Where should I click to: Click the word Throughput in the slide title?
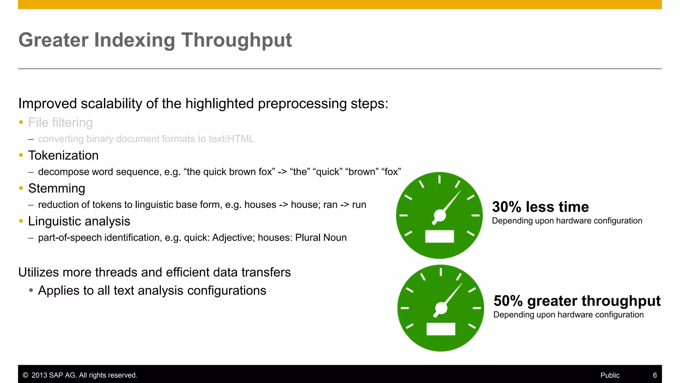(x=236, y=40)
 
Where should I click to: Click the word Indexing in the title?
(x=134, y=40)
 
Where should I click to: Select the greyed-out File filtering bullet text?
(x=60, y=122)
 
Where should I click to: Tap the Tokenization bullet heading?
(x=63, y=155)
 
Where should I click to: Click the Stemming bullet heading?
(x=56, y=188)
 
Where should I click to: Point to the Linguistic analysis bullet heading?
(x=79, y=221)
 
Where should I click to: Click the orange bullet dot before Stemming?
(x=21, y=188)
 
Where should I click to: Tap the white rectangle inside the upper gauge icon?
(x=439, y=236)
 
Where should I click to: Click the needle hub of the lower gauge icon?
(x=441, y=308)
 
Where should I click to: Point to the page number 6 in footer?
(x=655, y=375)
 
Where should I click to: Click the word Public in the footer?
(x=610, y=375)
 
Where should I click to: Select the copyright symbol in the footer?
(x=25, y=375)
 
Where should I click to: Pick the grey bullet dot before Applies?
(x=31, y=290)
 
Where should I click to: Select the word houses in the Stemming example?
(x=260, y=205)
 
